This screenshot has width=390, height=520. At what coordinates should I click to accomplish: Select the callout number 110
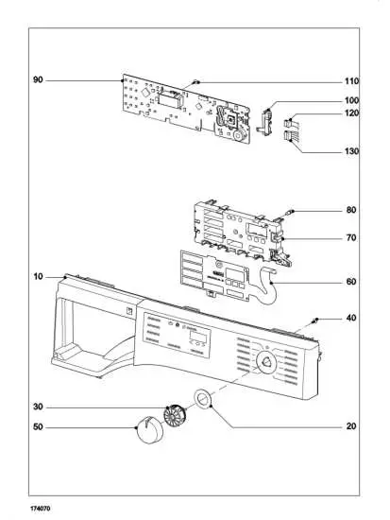(x=351, y=81)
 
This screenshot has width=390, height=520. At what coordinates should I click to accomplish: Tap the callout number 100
(x=351, y=100)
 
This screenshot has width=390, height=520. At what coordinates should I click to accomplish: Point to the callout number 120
(x=351, y=113)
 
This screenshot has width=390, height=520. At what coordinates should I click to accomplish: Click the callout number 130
(x=351, y=151)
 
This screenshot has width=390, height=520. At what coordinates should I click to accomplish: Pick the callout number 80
(x=351, y=209)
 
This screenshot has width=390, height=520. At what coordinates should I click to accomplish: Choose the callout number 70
(x=351, y=237)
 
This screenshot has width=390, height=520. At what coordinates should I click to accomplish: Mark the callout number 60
(x=351, y=282)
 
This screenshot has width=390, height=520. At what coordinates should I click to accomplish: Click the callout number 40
(x=351, y=318)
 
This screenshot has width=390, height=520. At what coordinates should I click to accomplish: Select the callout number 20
(x=351, y=426)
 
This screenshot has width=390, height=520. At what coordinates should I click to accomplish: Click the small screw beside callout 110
(x=195, y=82)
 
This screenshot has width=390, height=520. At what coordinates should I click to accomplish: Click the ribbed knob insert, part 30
(x=173, y=413)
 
